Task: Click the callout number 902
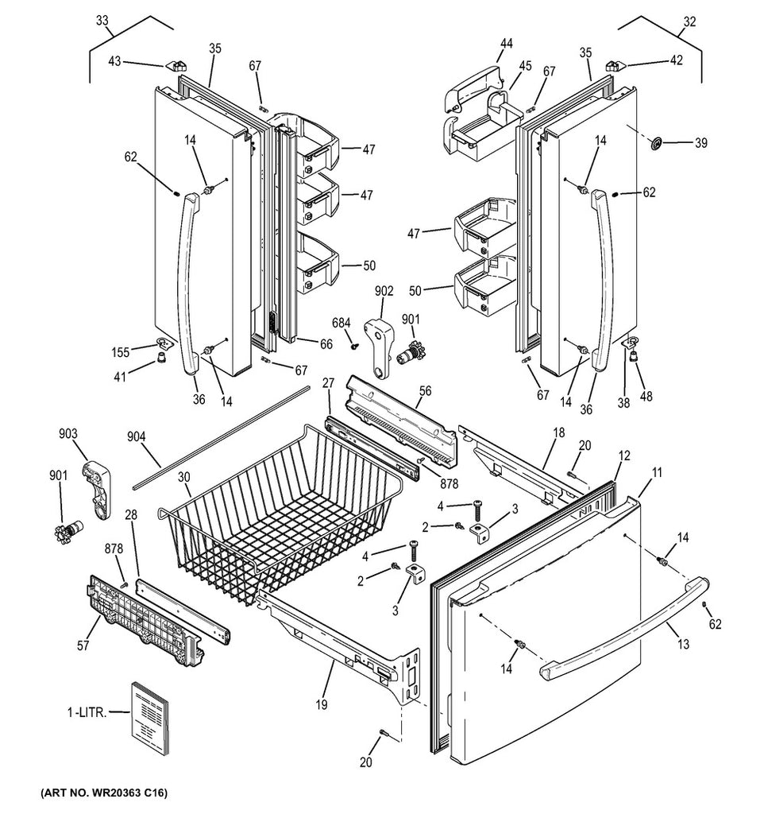click(x=384, y=291)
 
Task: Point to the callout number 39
click(x=700, y=143)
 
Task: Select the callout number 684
click(x=341, y=322)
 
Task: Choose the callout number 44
click(x=506, y=44)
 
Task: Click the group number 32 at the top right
click(x=689, y=22)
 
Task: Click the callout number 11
click(x=657, y=471)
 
